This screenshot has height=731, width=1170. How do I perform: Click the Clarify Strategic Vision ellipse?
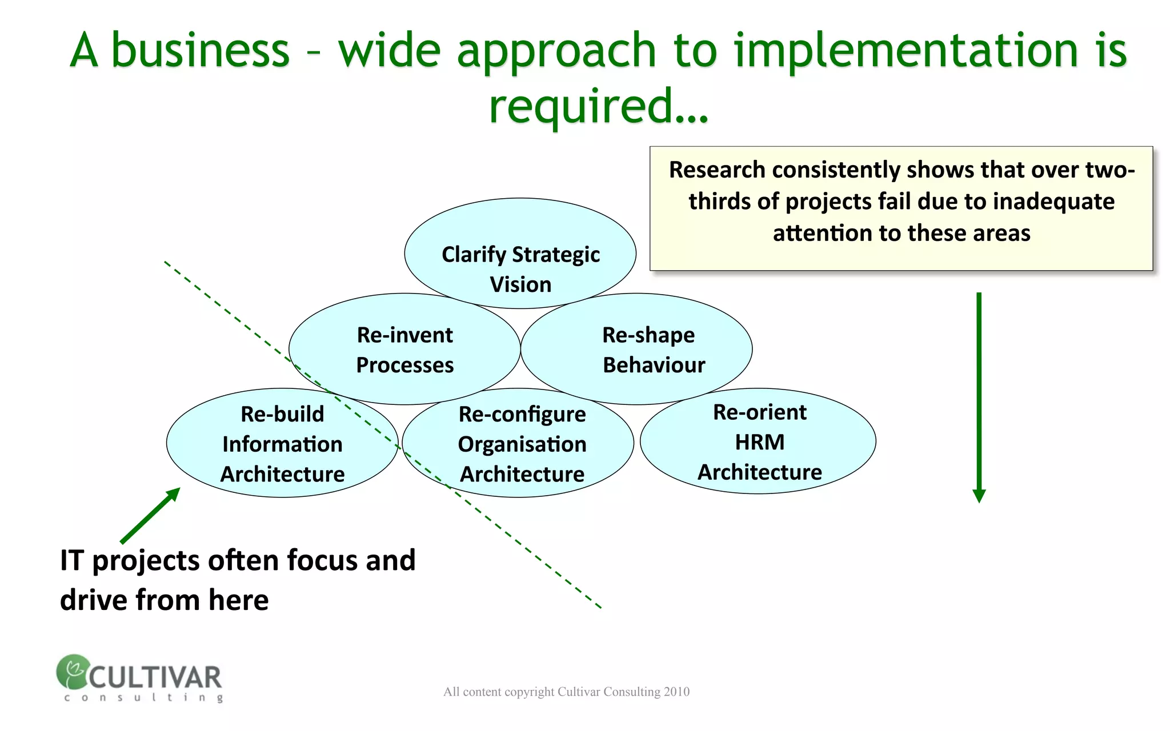point(520,228)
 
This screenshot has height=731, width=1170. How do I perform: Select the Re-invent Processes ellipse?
point(404,350)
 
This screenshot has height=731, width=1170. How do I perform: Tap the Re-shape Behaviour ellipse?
point(636,350)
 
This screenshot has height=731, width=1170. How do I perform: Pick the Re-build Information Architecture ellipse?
point(282,443)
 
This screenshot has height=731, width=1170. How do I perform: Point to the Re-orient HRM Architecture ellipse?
point(758,441)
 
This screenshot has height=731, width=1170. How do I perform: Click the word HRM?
point(759,442)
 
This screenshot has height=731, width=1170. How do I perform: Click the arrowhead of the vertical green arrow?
point(979,496)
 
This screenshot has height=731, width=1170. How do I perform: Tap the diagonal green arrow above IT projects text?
point(150,516)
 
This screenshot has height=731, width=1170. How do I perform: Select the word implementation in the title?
point(905,50)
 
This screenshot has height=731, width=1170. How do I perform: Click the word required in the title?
point(582,106)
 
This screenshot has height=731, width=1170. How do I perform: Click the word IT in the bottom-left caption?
point(72,560)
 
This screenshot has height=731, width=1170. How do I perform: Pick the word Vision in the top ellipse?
point(520,284)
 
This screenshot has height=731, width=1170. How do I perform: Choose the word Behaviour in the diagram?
point(654,365)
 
